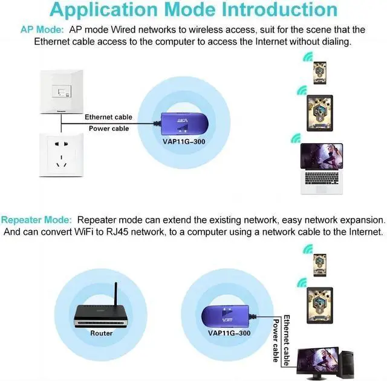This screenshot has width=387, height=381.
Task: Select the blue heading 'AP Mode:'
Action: [42, 30]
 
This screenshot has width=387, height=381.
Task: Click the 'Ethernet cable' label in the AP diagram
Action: [108, 117]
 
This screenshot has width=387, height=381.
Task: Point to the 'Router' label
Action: [102, 333]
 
